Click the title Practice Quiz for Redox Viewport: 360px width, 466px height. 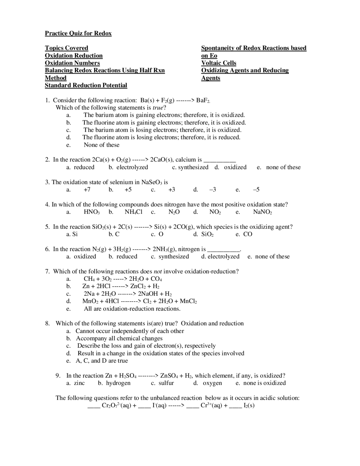coord(78,33)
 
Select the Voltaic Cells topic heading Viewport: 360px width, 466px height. coord(219,63)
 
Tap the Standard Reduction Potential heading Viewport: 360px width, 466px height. coord(86,85)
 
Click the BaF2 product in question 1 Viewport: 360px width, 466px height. coord(203,100)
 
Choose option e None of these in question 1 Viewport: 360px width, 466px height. coord(102,145)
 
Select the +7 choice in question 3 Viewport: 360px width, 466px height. coord(87,190)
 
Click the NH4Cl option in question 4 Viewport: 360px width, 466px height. coord(133,212)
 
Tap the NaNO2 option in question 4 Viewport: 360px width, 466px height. coord(262,212)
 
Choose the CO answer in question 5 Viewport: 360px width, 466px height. coord(247,234)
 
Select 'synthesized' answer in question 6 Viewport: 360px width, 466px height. coord(174,256)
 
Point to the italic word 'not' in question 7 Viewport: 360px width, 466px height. coord(158,272)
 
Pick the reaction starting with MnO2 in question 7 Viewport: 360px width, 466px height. coord(139,301)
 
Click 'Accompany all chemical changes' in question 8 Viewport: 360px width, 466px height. coord(119,338)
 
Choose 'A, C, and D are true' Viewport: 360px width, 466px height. coord(102,361)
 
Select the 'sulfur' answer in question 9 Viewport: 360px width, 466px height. coord(166,383)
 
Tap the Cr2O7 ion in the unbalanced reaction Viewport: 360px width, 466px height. coord(116,405)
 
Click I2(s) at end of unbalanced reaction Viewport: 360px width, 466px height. coord(249,405)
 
